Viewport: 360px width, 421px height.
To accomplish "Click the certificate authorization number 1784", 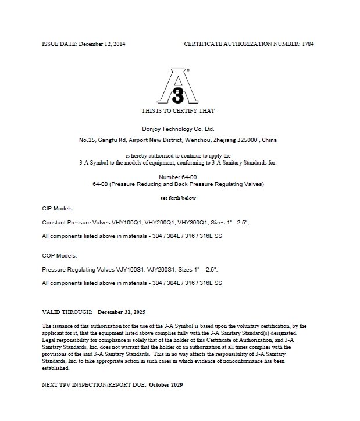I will coord(308,44).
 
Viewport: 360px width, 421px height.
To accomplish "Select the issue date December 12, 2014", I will coord(102,44).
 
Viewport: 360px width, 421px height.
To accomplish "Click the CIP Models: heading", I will coord(58,208).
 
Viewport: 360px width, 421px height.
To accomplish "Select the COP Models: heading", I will coord(60,255).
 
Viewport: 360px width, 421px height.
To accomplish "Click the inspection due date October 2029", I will coord(166,386).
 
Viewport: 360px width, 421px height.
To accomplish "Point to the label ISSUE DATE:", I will coord(59,44).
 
